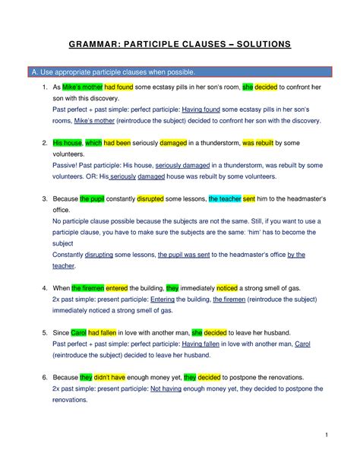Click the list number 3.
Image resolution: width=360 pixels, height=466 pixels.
45,198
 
